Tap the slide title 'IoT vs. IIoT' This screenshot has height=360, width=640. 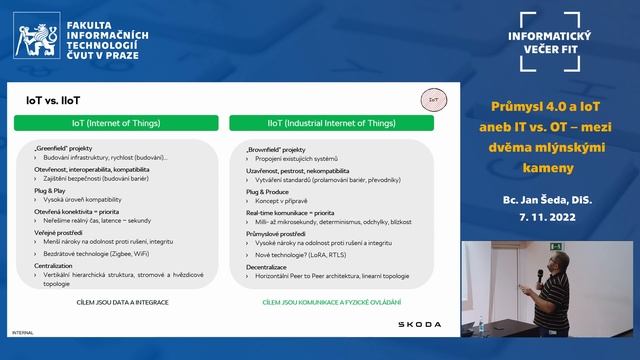pos(53,100)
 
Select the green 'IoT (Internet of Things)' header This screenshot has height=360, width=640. pos(117,123)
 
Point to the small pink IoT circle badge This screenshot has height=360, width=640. pos(432,100)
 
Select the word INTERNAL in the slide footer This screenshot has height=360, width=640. pos(21,331)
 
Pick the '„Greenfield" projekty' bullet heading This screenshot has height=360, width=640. pos(64,148)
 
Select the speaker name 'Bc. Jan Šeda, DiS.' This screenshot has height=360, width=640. pos(547,200)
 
